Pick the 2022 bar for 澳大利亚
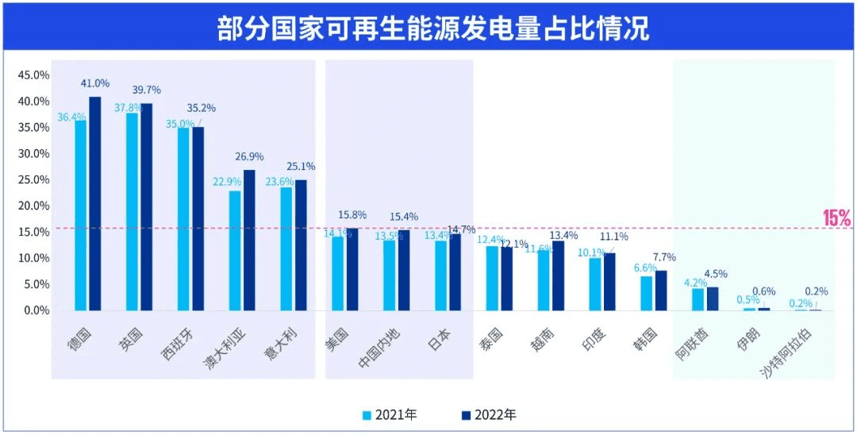pos(249,240)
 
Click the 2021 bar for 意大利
pos(286,248)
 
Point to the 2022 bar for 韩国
pos(661,290)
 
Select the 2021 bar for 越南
pos(544,280)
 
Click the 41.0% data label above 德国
pos(95,83)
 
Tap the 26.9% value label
pos(249,156)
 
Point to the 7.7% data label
pos(663,258)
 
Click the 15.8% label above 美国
pos(352,215)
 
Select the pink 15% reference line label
pos(836,218)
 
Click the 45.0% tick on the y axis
pos(34,75)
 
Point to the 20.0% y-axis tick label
pos(34,206)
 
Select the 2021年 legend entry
pos(389,414)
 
